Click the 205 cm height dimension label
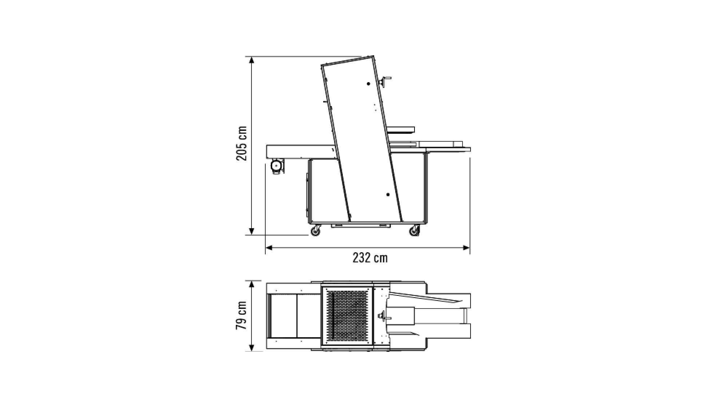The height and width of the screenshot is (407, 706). coord(242,143)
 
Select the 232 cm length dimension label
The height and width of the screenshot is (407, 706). coord(370,258)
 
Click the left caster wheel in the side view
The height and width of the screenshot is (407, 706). coord(316,231)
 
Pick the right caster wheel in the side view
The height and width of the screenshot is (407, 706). coord(415,231)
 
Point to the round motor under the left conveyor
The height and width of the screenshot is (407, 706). coord(277,166)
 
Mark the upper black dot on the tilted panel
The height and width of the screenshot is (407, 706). coord(369,84)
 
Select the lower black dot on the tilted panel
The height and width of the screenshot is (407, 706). coord(388,194)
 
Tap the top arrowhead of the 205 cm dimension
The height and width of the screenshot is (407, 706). coord(251,60)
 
